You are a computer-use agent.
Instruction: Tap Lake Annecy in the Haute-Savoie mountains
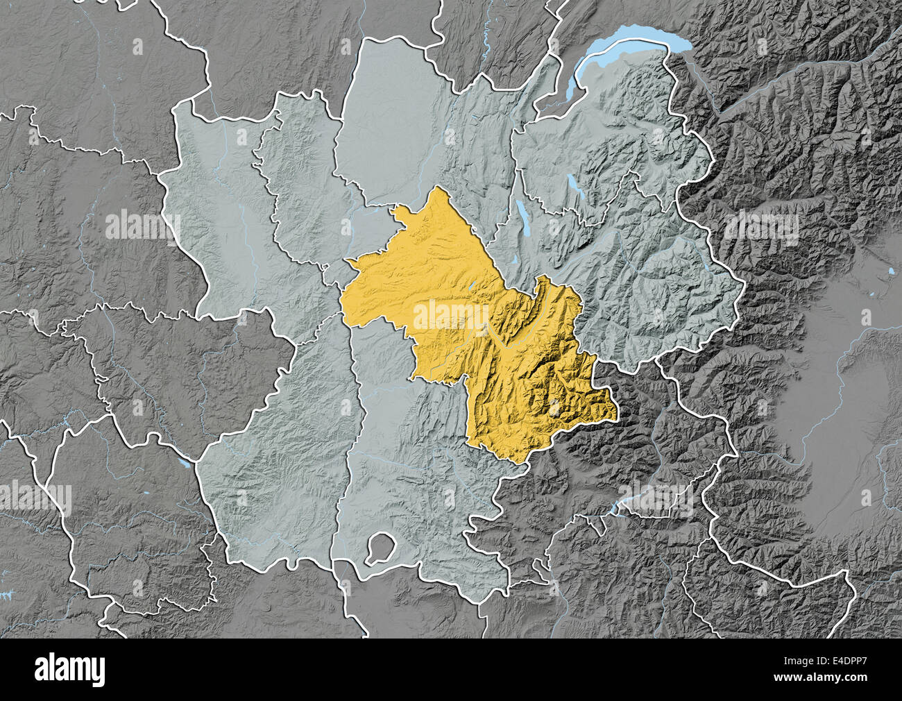tap(574, 186)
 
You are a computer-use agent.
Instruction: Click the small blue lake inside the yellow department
tap(471, 286)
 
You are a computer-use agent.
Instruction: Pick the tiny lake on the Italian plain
tap(890, 270)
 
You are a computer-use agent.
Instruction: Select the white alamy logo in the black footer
tap(70, 670)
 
